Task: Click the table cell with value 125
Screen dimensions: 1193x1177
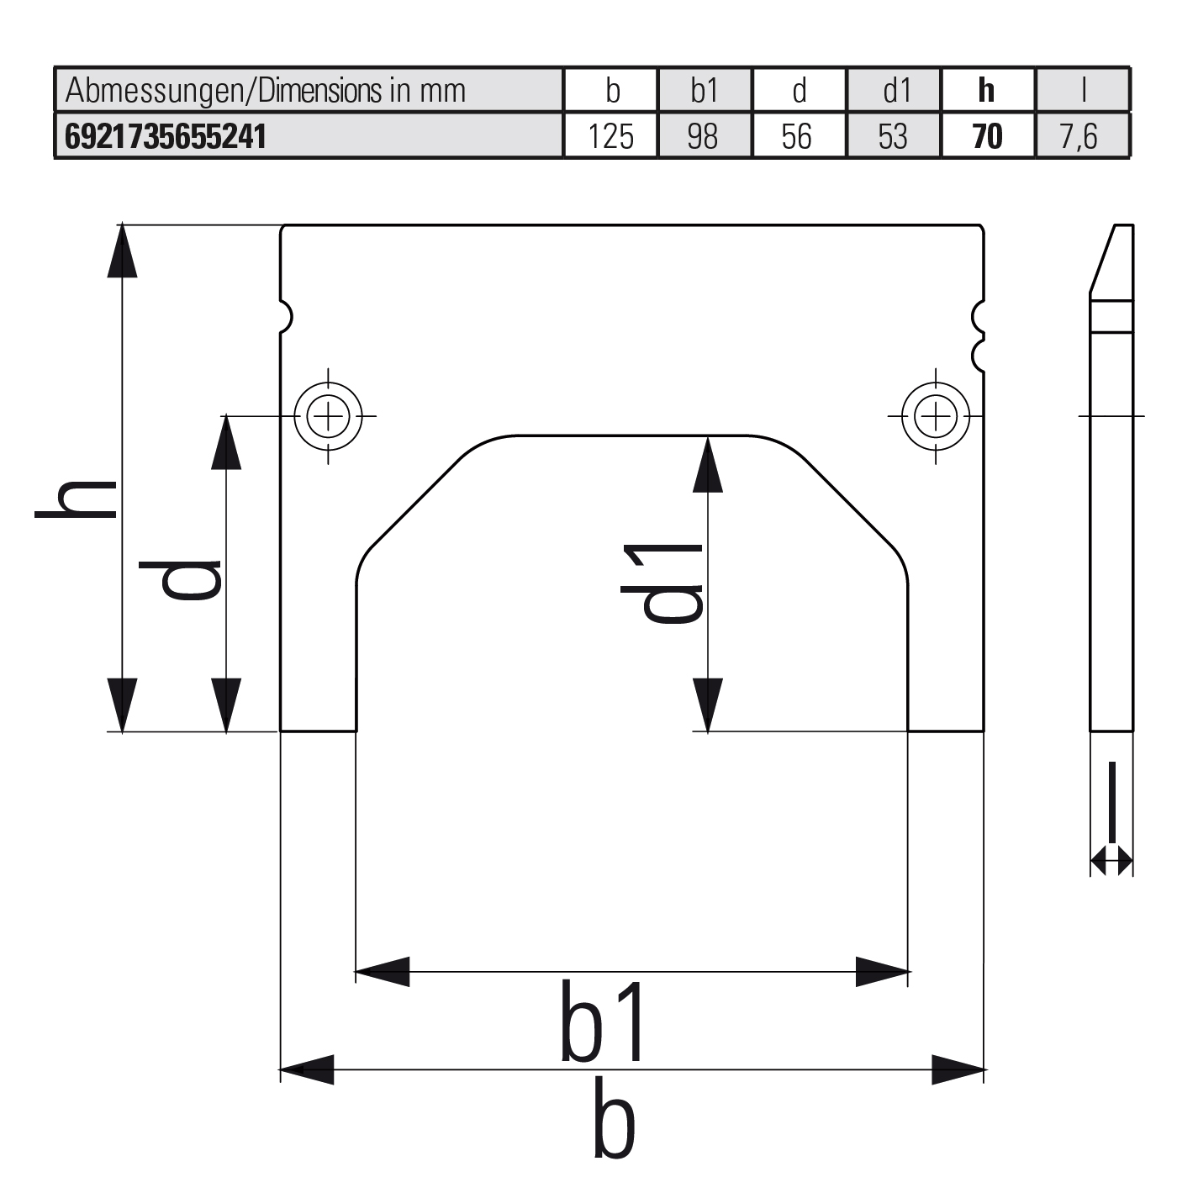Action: point(611,136)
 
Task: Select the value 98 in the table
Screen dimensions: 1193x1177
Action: point(703,136)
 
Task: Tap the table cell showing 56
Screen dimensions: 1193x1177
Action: point(797,136)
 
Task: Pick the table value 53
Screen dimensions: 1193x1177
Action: point(893,136)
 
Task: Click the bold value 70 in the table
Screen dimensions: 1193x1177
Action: point(987,136)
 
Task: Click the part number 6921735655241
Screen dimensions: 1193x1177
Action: point(166,136)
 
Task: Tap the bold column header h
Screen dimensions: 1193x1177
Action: point(987,90)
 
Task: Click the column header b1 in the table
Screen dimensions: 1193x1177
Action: point(705,90)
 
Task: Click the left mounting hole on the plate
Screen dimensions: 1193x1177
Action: point(328,415)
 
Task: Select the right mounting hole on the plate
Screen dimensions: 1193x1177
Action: point(935,415)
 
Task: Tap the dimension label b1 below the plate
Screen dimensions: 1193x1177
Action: point(604,1021)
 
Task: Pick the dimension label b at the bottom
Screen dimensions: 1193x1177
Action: point(614,1117)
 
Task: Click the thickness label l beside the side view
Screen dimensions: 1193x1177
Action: point(1112,801)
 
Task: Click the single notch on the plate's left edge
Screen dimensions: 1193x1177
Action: point(286,316)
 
